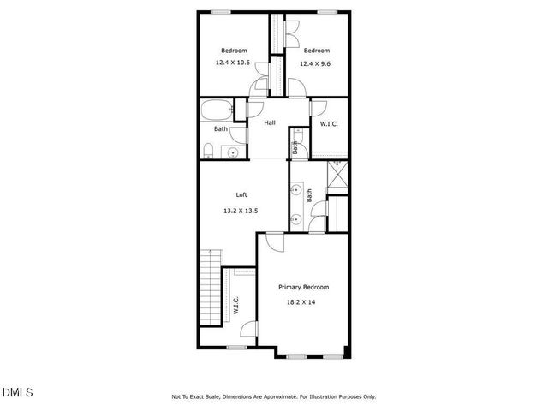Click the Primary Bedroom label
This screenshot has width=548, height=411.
[x=303, y=288]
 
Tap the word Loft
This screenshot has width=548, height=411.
[x=229, y=194]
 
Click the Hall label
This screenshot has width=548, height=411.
[x=270, y=123]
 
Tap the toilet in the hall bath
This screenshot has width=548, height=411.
[x=208, y=152]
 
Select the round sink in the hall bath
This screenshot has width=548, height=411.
[x=233, y=152]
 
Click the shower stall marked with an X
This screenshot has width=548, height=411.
[x=339, y=176]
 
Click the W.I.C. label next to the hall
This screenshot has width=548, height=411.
[x=329, y=124]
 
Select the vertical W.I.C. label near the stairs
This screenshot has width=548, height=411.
[x=235, y=306]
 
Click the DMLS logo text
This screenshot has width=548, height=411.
[x=17, y=392]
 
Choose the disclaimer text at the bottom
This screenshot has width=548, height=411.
[x=273, y=397]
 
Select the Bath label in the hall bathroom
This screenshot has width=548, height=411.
[x=221, y=130]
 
